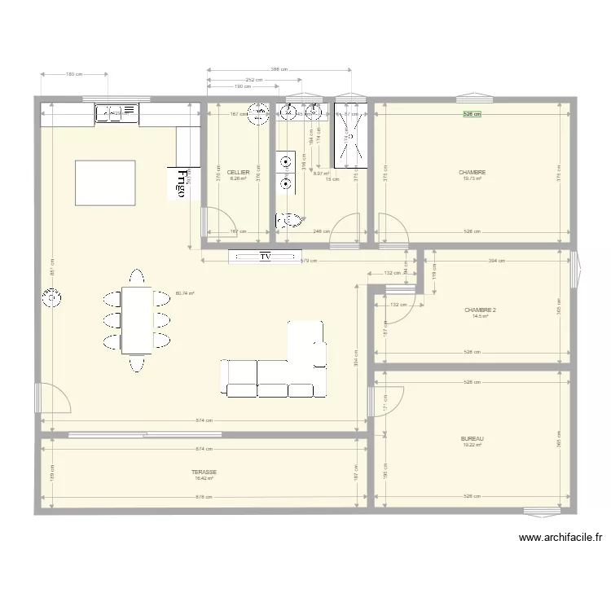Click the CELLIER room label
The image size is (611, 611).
tap(239, 173)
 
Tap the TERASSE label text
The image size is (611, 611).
tap(204, 472)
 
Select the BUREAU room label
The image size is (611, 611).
tap(472, 438)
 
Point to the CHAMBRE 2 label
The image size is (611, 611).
tap(480, 310)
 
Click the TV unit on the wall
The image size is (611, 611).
tap(265, 257)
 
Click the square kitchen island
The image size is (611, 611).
tap(105, 182)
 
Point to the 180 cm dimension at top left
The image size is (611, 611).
tap(73, 74)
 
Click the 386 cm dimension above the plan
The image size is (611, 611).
tap(280, 69)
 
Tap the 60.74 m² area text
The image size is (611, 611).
tap(183, 293)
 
